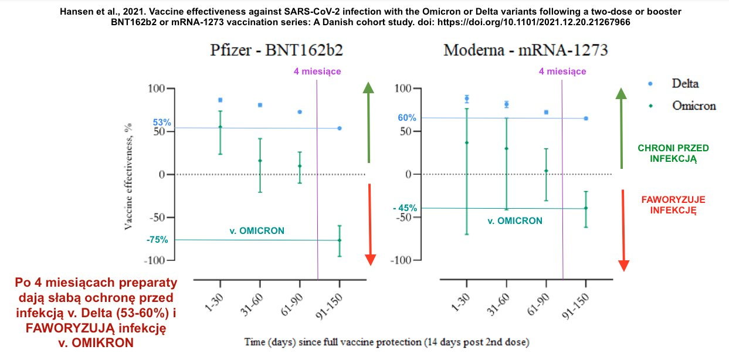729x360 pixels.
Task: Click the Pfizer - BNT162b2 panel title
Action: click(277, 50)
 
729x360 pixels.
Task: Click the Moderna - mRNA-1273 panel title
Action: click(525, 50)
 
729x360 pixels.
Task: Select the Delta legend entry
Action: click(685, 84)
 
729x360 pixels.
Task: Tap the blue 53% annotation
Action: click(162, 123)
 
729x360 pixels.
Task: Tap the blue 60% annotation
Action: click(407, 118)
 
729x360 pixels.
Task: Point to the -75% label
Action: click(157, 239)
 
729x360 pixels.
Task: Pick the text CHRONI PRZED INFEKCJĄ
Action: click(666, 153)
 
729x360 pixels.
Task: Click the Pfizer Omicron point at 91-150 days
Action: click(340, 240)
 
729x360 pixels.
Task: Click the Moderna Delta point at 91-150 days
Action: click(586, 118)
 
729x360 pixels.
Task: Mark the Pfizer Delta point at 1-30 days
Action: click(220, 100)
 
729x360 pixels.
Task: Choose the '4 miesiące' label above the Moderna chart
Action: click(562, 72)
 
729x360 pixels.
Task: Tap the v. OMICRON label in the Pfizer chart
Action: click(256, 231)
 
